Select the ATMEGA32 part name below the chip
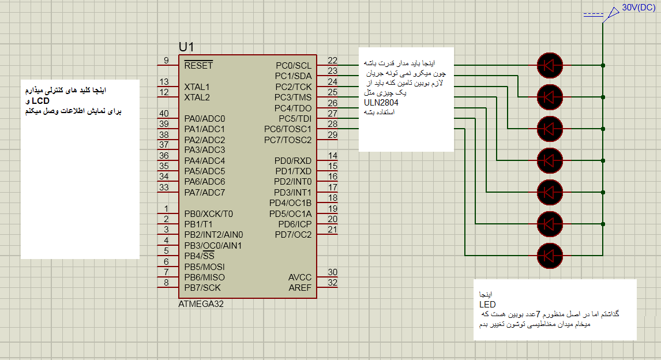201,304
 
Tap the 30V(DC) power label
637,9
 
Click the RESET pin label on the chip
198,65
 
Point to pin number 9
166,61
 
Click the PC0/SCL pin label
293,65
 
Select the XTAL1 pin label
197,87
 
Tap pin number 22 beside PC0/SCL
332,61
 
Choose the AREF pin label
300,287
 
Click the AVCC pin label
300,277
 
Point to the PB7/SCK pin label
202,287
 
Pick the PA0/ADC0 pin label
205,118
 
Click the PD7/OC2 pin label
293,234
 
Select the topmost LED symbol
549,65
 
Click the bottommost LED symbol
549,254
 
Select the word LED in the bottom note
487,304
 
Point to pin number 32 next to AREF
332,283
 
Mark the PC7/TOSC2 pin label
288,140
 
